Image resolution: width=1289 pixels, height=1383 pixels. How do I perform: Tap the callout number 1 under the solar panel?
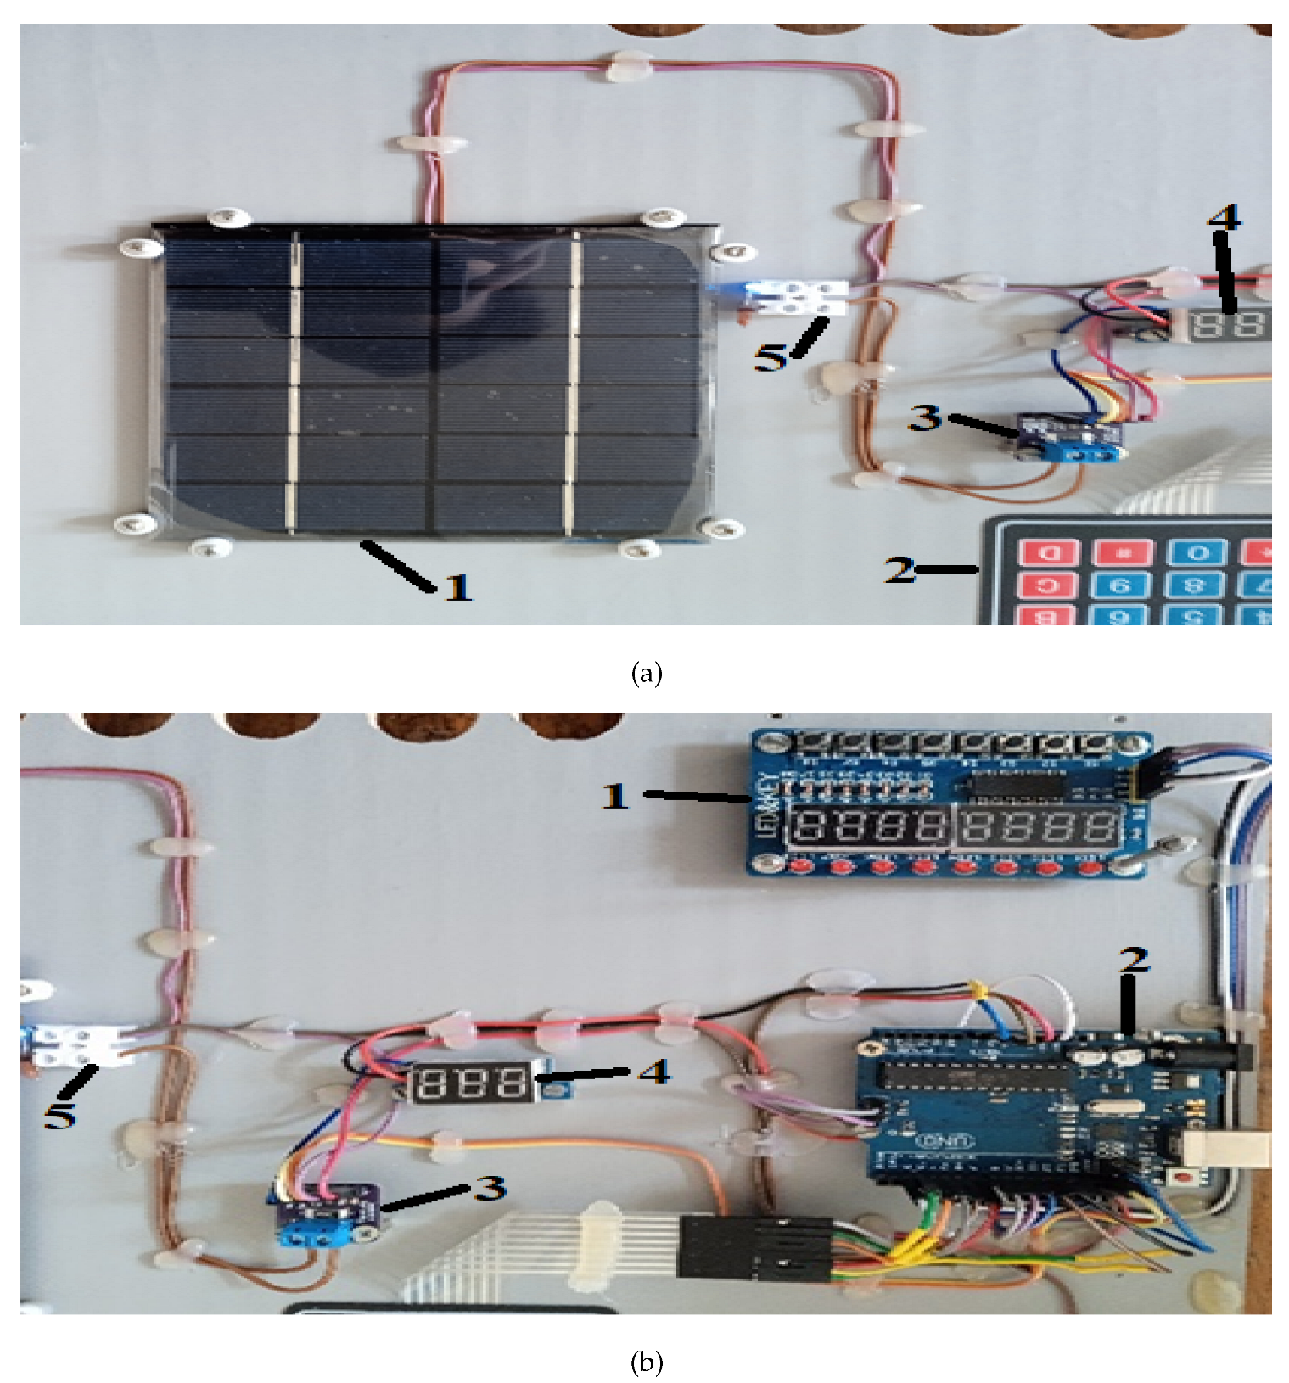pyautogui.click(x=458, y=586)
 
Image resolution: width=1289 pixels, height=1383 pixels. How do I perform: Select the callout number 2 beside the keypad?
pyautogui.click(x=900, y=569)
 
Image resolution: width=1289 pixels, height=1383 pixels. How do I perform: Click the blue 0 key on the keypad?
pyautogui.click(x=1197, y=553)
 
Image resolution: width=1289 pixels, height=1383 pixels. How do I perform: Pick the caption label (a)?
pyautogui.click(x=647, y=674)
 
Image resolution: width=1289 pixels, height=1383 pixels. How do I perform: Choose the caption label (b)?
pyautogui.click(x=647, y=1363)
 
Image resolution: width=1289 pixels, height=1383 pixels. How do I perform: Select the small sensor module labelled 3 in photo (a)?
pyautogui.click(x=1071, y=436)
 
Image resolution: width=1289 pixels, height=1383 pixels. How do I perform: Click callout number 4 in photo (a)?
pyautogui.click(x=1223, y=217)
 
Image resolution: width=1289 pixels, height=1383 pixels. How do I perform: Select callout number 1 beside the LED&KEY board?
pyautogui.click(x=616, y=796)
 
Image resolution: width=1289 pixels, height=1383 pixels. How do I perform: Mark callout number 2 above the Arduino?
pyautogui.click(x=1134, y=960)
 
